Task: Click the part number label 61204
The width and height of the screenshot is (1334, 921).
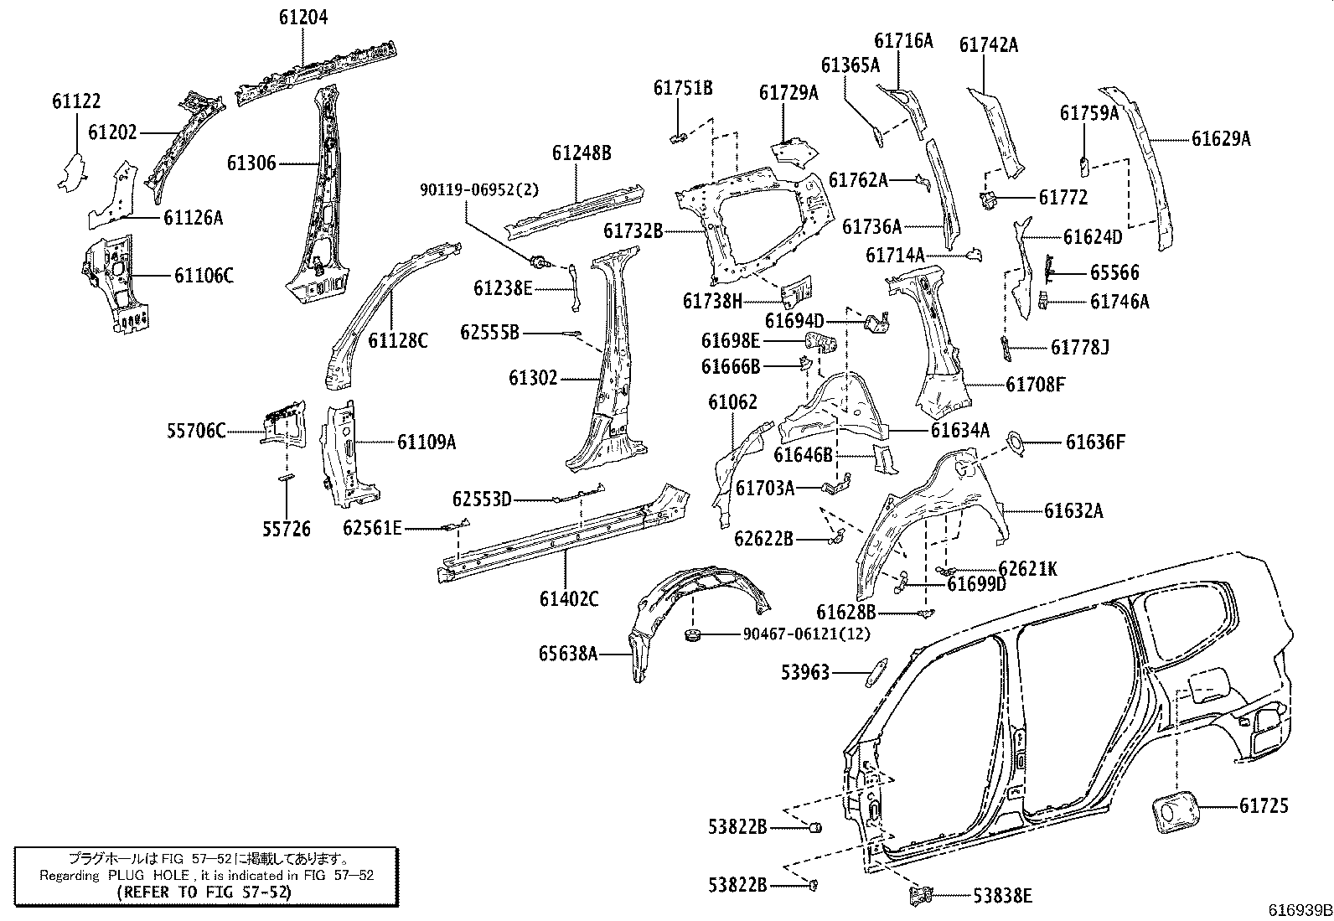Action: (303, 17)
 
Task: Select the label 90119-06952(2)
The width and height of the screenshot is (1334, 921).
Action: (480, 190)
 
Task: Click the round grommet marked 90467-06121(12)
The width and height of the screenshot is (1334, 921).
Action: (694, 634)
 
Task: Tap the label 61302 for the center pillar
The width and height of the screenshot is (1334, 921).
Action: (532, 378)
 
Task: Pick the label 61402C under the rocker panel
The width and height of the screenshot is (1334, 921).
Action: (569, 598)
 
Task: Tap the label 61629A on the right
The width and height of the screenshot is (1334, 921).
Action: (1221, 139)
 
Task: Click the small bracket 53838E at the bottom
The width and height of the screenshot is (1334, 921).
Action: (921, 894)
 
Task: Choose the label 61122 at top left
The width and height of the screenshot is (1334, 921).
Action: (76, 101)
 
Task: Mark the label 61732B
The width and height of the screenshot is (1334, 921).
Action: (633, 230)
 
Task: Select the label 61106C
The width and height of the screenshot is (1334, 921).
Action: (204, 275)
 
